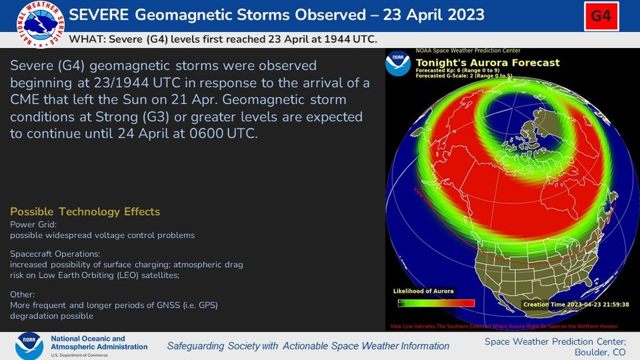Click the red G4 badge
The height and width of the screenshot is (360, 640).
point(601,16)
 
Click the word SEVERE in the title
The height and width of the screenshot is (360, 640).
point(99,15)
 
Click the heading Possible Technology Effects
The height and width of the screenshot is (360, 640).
point(85,212)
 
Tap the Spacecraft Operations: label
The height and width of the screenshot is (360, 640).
point(55,254)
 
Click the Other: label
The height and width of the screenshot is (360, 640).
point(22,294)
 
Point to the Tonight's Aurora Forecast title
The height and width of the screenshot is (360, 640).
point(487,63)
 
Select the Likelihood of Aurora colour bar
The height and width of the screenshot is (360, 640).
point(436,303)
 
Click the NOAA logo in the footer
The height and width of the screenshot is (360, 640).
point(29,346)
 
